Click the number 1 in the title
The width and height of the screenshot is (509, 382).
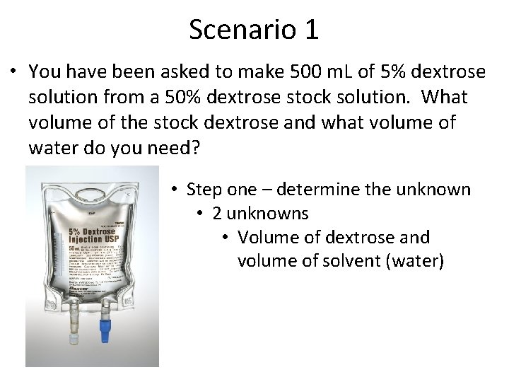310,30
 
